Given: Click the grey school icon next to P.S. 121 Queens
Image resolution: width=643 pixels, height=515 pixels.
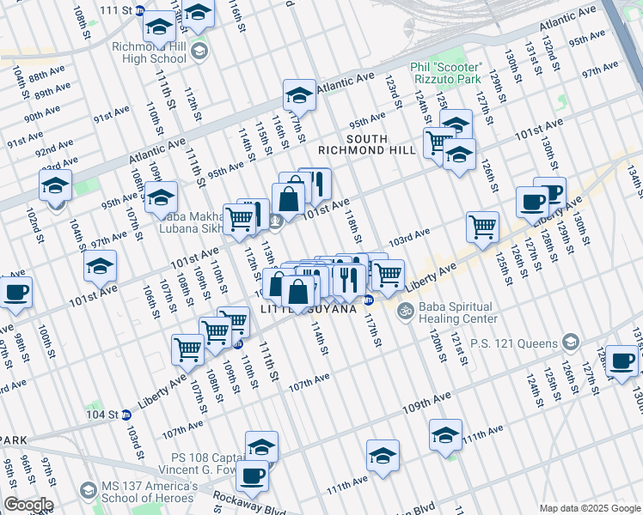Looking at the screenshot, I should point(569,343).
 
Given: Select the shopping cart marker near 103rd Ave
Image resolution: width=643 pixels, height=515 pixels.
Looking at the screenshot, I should point(482,227).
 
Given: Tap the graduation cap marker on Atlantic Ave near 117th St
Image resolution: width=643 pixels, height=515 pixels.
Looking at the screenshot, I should point(299,94).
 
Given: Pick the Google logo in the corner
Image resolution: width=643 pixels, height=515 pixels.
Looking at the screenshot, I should point(28,505).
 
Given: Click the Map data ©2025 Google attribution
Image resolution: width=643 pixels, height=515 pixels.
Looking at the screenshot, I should point(590,508).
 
